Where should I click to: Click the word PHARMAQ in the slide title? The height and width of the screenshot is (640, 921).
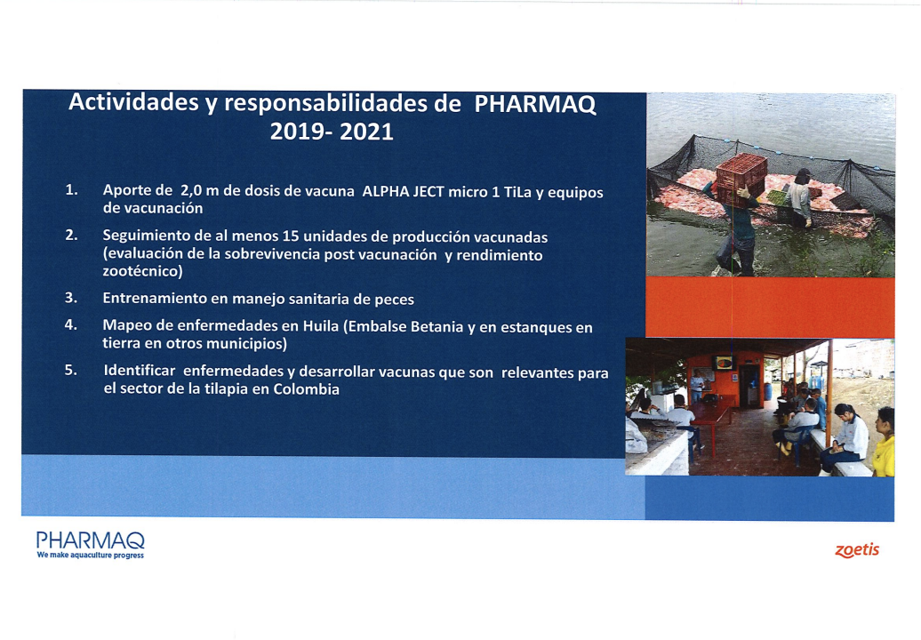click(x=535, y=104)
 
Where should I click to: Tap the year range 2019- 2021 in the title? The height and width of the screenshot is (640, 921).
click(x=332, y=132)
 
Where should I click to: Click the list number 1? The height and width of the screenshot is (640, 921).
click(x=72, y=189)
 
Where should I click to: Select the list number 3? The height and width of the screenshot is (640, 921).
click(x=71, y=298)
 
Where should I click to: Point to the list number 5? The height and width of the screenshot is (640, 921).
click(x=71, y=370)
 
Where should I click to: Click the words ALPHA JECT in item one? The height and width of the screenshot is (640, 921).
click(x=403, y=191)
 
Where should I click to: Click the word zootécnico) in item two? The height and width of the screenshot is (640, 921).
click(x=143, y=271)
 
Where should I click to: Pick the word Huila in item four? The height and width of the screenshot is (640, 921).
click(x=321, y=326)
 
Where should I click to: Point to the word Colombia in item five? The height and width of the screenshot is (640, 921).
click(x=306, y=389)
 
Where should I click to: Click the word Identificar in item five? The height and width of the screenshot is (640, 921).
click(x=140, y=371)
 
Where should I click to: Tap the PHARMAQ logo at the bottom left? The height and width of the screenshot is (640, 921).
click(x=91, y=540)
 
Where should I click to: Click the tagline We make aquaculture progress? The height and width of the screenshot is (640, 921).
click(x=91, y=555)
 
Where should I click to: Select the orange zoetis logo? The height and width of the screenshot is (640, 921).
click(x=857, y=550)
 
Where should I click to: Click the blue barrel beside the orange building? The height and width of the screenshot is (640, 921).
click(x=768, y=391)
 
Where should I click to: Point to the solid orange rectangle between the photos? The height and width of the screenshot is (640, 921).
click(x=770, y=307)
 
